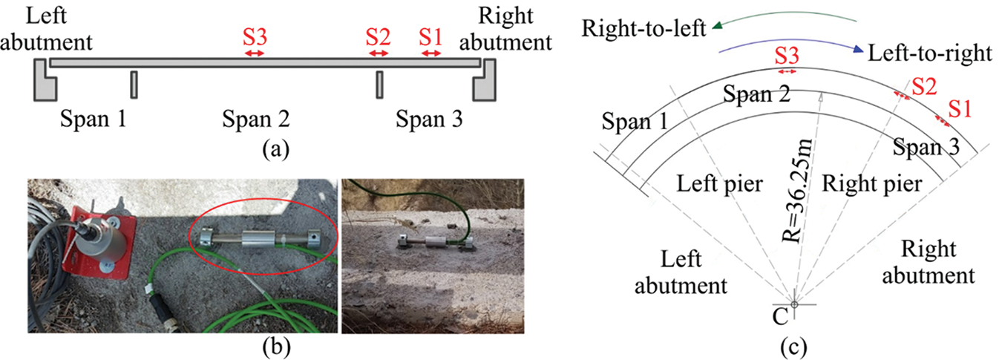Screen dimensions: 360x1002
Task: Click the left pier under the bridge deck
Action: [134, 85]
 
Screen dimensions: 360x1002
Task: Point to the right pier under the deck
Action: [379, 85]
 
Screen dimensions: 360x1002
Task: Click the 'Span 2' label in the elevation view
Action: [255, 119]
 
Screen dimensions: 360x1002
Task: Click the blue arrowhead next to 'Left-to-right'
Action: [857, 50]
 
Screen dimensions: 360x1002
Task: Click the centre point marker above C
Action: [794, 304]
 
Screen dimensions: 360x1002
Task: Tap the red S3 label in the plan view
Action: [787, 56]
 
